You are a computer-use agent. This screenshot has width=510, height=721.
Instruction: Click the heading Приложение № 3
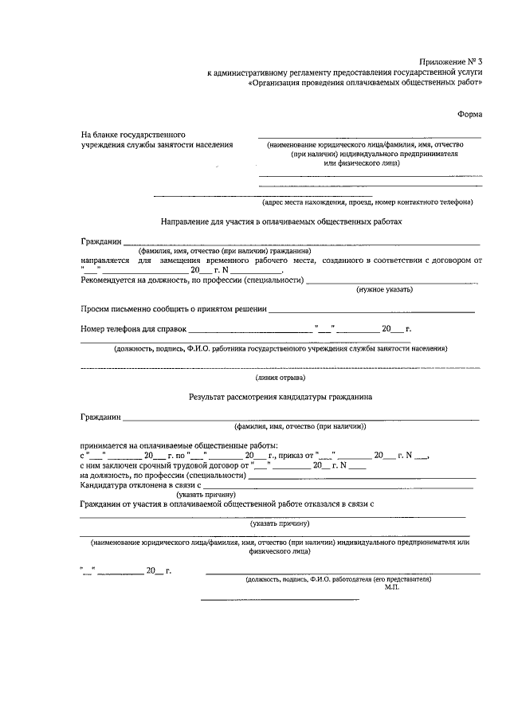[x=452, y=61]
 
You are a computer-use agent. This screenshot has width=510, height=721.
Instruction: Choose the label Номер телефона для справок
[x=133, y=328]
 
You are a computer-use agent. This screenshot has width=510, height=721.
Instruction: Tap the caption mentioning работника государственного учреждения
[x=280, y=348]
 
